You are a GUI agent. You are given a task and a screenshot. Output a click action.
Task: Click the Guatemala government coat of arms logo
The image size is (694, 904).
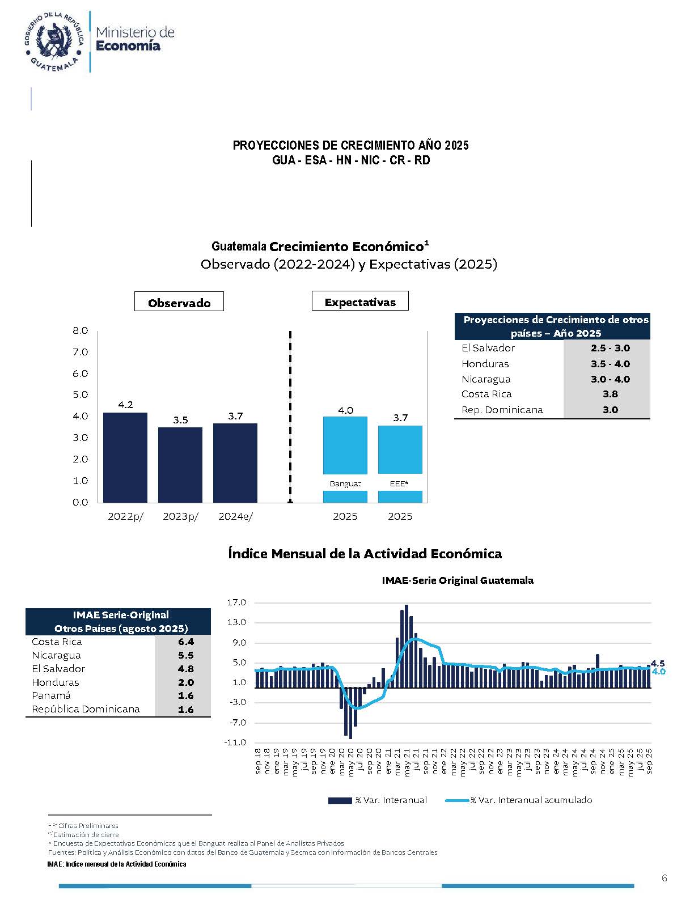pyautogui.click(x=54, y=41)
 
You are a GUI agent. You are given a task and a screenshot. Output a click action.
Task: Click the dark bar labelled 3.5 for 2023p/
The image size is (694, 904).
pyautogui.click(x=180, y=464)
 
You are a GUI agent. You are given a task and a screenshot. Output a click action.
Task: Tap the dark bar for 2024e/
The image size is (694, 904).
pyautogui.click(x=235, y=462)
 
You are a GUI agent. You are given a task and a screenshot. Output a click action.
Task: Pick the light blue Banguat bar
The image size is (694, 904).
pyautogui.click(x=345, y=445)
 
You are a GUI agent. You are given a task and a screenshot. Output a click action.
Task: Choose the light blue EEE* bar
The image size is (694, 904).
pyautogui.click(x=400, y=449)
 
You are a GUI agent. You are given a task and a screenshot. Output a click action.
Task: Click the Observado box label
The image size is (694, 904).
pyautogui.click(x=179, y=302)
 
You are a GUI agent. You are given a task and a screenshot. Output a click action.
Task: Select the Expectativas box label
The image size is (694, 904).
pyautogui.click(x=360, y=302)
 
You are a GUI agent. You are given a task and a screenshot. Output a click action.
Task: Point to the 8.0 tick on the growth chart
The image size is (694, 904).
pyautogui.click(x=81, y=330)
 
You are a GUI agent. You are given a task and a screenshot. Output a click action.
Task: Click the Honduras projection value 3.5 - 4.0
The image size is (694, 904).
pyautogui.click(x=610, y=364)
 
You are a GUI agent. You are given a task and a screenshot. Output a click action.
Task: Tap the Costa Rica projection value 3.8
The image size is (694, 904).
pyautogui.click(x=610, y=394)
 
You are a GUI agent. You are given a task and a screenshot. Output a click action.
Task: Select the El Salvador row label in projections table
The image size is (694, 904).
pyautogui.click(x=488, y=348)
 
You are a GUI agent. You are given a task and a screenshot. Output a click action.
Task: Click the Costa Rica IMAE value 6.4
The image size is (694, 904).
pyautogui.click(x=185, y=642)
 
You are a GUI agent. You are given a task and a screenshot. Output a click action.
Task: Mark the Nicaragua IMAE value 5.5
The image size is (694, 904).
pyautogui.click(x=185, y=655)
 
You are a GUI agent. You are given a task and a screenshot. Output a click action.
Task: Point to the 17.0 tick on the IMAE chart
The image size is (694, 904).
pyautogui.click(x=236, y=602)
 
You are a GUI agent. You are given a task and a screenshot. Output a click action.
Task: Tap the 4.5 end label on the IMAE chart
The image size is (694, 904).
pyautogui.click(x=658, y=663)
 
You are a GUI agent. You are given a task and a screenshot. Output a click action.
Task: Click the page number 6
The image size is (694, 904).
pyautogui.click(x=664, y=878)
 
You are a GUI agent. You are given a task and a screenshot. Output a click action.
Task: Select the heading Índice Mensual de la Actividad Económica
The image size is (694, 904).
pyautogui.click(x=365, y=553)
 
